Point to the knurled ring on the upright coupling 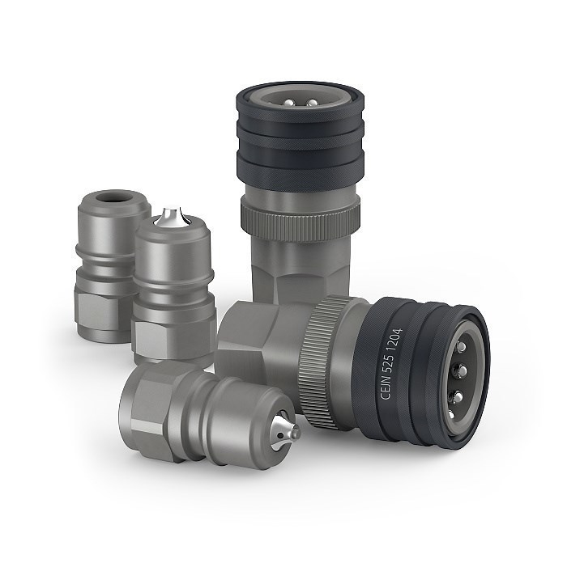[301, 220]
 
